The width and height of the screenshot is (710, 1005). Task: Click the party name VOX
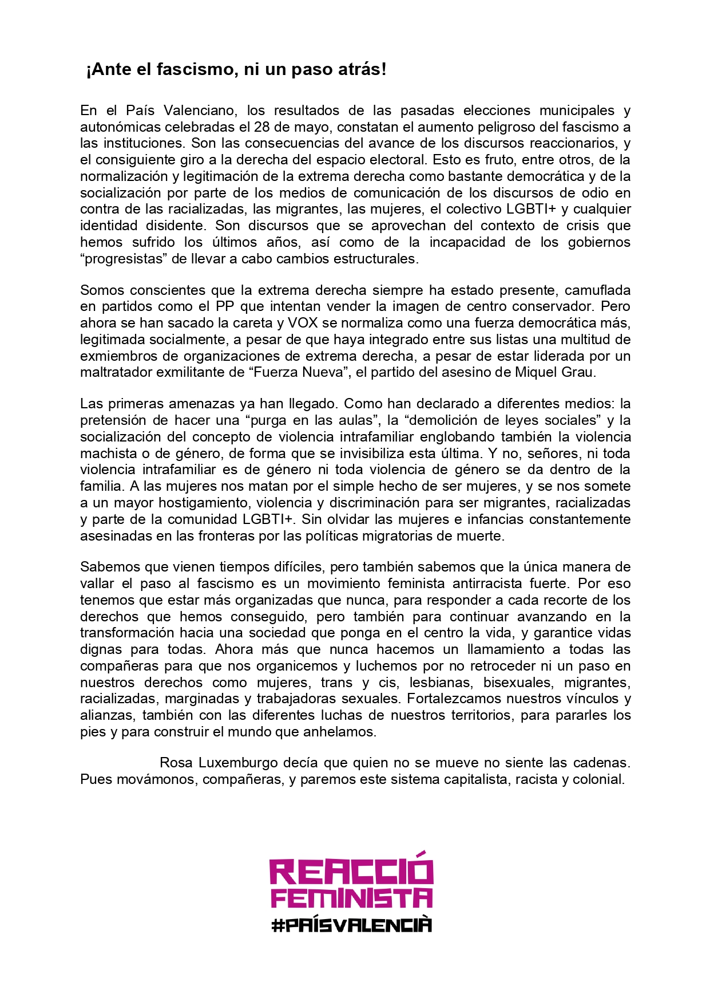click(303, 322)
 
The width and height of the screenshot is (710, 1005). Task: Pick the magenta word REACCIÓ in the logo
click(351, 871)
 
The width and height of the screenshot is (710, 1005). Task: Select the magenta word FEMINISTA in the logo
click(351, 897)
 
